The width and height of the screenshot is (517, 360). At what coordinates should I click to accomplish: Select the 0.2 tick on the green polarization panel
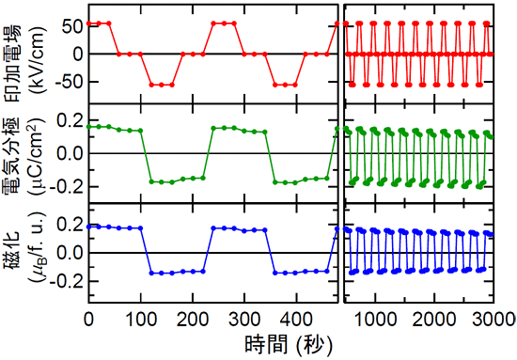click(70, 120)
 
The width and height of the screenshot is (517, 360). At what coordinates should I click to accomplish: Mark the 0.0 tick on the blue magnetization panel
click(70, 253)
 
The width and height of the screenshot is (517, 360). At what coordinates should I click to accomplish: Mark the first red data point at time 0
click(88, 23)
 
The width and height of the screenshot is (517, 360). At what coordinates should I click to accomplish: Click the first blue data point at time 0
click(88, 226)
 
